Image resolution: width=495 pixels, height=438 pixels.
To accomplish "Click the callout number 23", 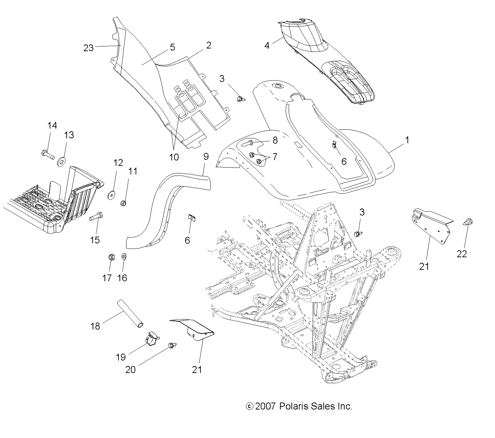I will [89, 48].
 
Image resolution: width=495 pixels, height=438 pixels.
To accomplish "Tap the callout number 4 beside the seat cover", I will [267, 45].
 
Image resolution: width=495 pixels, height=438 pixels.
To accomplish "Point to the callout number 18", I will [95, 326].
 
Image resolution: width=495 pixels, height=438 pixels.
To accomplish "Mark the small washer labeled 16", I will [124, 257].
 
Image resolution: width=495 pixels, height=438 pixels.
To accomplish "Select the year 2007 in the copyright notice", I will [265, 406].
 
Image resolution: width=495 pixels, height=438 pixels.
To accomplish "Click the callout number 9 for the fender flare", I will [206, 156].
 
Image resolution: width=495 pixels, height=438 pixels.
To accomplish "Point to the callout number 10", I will [174, 157].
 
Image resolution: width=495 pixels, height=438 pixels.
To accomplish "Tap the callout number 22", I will [462, 254].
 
